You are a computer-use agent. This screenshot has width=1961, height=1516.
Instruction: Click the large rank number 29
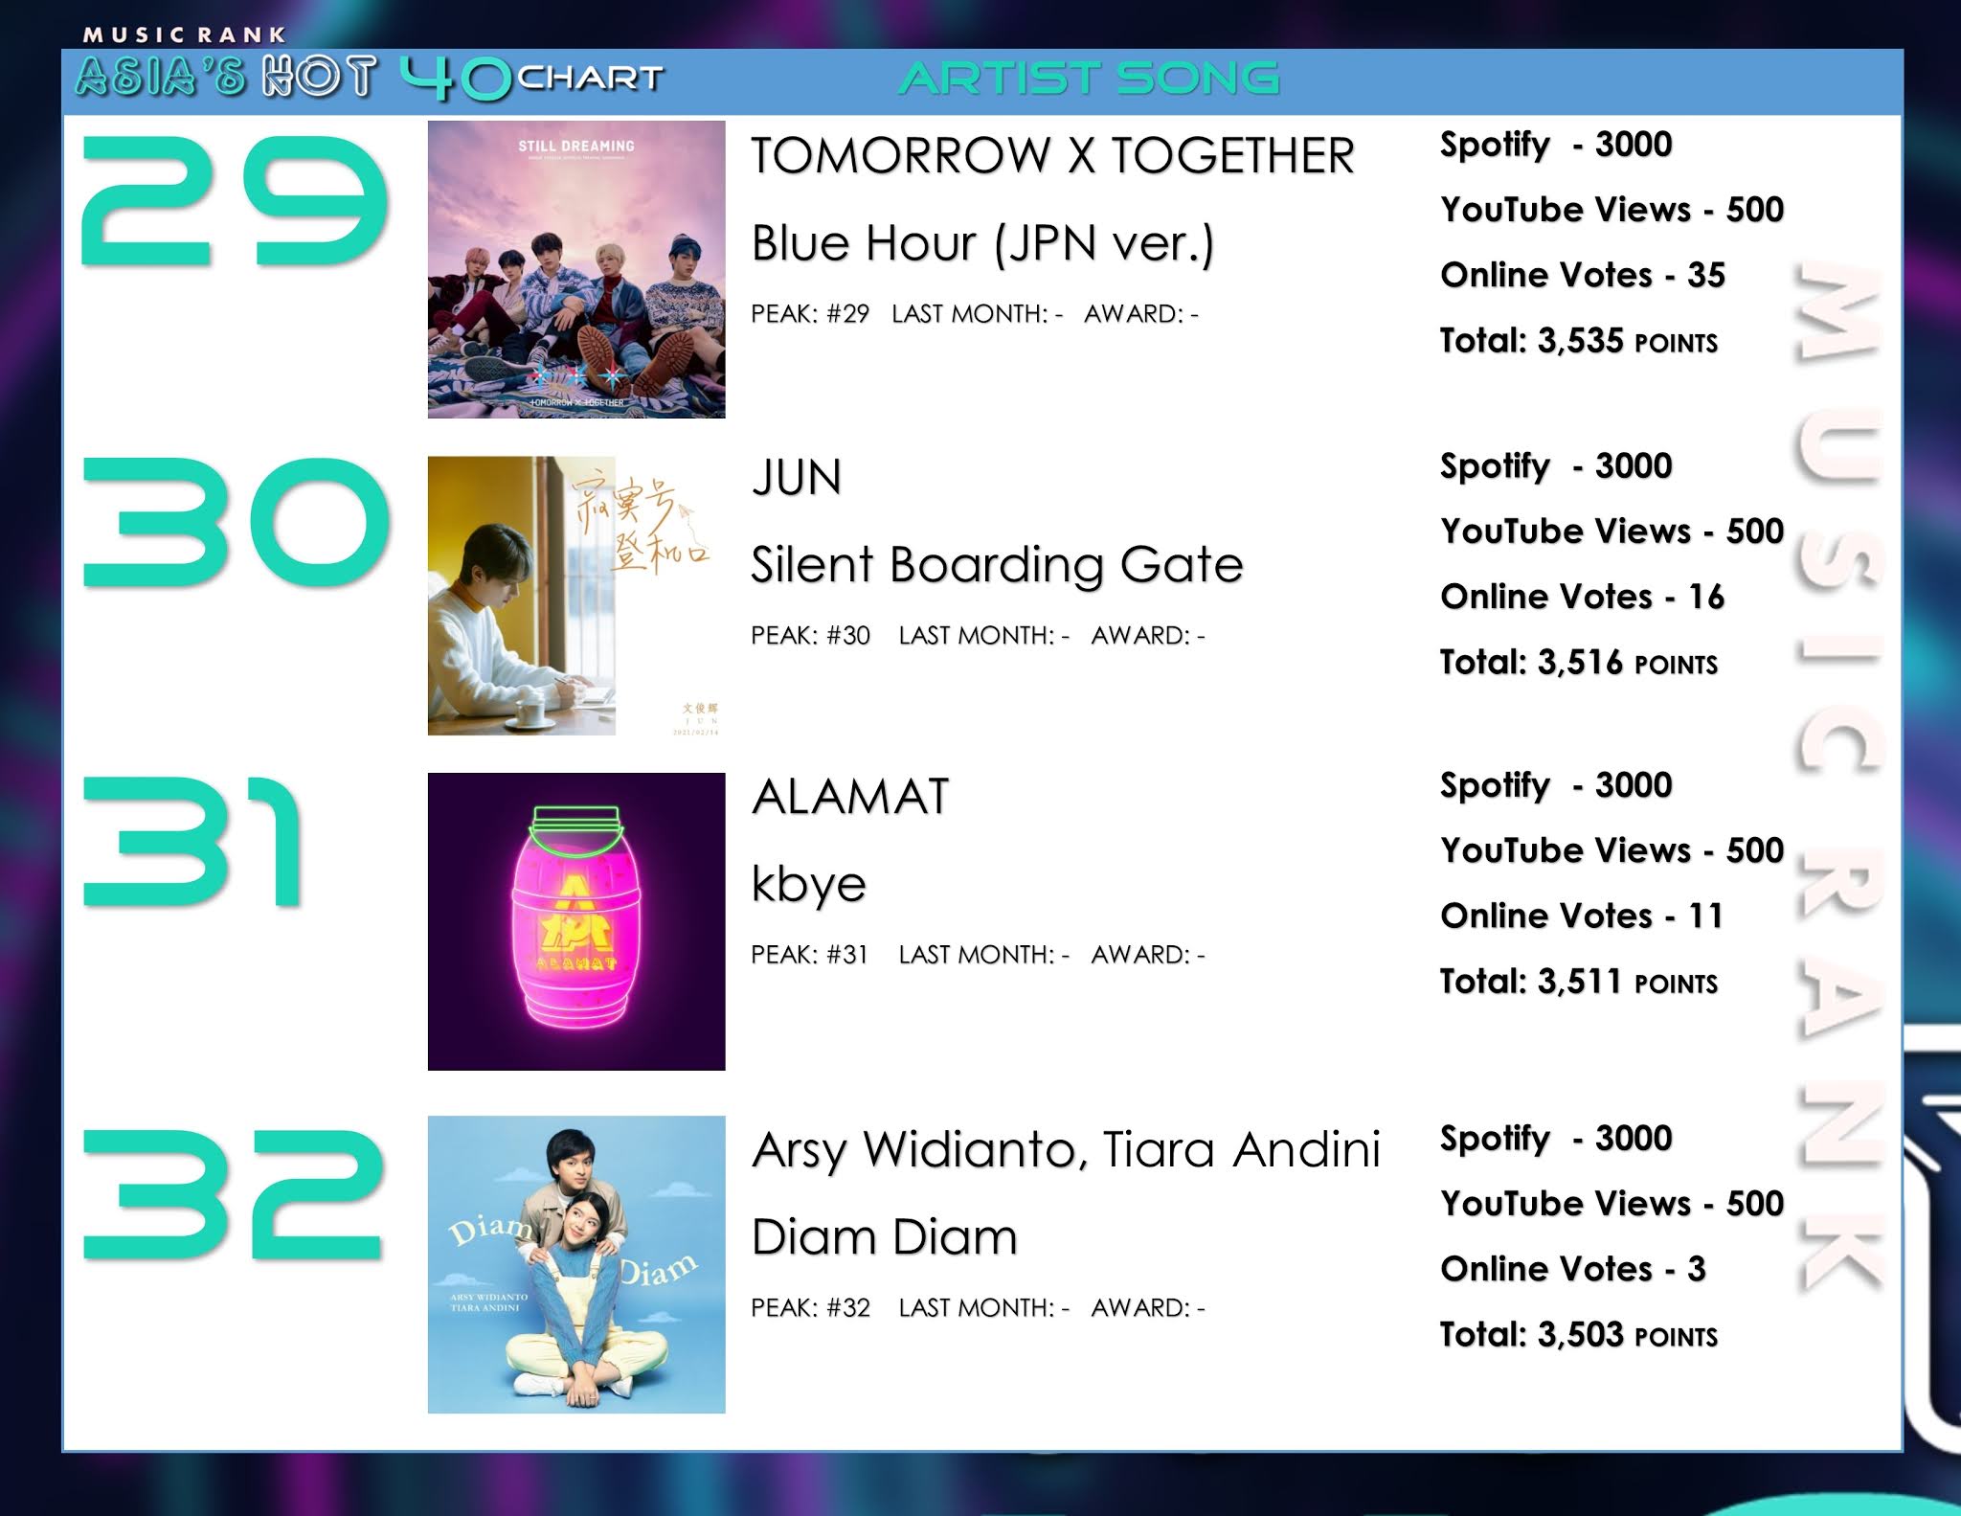(235, 201)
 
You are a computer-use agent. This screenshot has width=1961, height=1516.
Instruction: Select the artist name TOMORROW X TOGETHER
(1052, 156)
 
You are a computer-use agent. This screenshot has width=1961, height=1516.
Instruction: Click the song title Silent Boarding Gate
(997, 564)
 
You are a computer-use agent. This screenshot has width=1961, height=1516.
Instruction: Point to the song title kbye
(808, 884)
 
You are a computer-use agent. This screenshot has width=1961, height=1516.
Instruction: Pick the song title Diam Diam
(884, 1237)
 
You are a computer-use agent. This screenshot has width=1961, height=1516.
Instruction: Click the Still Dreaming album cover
(576, 269)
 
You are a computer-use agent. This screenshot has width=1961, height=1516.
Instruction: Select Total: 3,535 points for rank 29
(1578, 341)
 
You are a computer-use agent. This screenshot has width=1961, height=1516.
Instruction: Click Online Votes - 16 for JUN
(1582, 597)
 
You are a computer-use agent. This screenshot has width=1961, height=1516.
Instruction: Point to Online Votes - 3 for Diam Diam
(1572, 1269)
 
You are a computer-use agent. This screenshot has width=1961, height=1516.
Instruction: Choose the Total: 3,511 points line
(1578, 982)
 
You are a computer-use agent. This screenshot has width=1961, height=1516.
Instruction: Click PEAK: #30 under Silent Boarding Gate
(810, 636)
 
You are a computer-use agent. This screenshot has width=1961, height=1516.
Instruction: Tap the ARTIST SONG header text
(1089, 79)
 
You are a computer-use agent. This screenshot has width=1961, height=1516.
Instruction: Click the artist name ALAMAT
(850, 797)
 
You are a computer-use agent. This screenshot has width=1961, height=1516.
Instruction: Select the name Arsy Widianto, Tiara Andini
(1066, 1149)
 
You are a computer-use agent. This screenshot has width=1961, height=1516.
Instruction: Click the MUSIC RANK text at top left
(184, 35)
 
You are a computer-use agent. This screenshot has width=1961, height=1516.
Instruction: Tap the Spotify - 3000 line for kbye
(1556, 785)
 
